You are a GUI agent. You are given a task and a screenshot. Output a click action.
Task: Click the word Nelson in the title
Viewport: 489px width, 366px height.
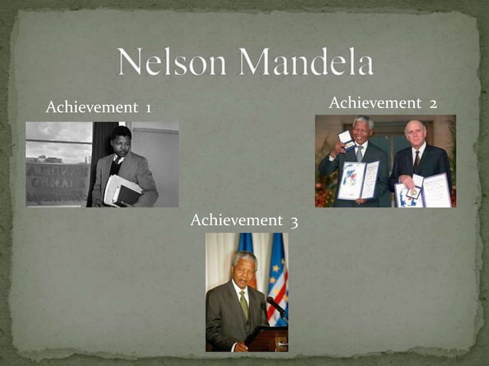[x=174, y=61]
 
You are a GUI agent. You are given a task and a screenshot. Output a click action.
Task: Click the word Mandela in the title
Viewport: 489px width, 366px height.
[x=307, y=61]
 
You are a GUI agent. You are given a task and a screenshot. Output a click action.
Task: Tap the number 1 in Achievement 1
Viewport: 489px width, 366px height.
[x=147, y=108]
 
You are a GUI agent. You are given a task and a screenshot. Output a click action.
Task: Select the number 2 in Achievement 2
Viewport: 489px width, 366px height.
[x=433, y=103]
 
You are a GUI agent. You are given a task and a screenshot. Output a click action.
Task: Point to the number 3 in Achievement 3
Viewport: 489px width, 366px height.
[x=294, y=221]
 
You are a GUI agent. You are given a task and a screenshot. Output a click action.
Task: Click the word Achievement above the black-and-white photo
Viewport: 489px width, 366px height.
[x=91, y=108]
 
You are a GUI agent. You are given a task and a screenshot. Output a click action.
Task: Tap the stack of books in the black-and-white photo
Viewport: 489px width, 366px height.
[x=122, y=190]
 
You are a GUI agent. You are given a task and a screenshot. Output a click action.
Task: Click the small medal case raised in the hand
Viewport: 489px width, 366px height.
[x=346, y=139]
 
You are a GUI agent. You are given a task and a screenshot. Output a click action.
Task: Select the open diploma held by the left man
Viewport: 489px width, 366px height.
[x=359, y=180]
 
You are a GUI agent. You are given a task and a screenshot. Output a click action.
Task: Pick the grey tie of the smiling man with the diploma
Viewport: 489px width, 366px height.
[x=359, y=153]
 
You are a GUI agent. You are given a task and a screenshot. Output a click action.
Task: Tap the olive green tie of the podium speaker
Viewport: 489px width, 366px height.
[x=244, y=304]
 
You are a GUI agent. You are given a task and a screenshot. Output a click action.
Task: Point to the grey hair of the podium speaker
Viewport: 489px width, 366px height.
[x=244, y=257]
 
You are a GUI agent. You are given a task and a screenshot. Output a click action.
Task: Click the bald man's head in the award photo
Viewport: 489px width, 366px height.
[x=415, y=130]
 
